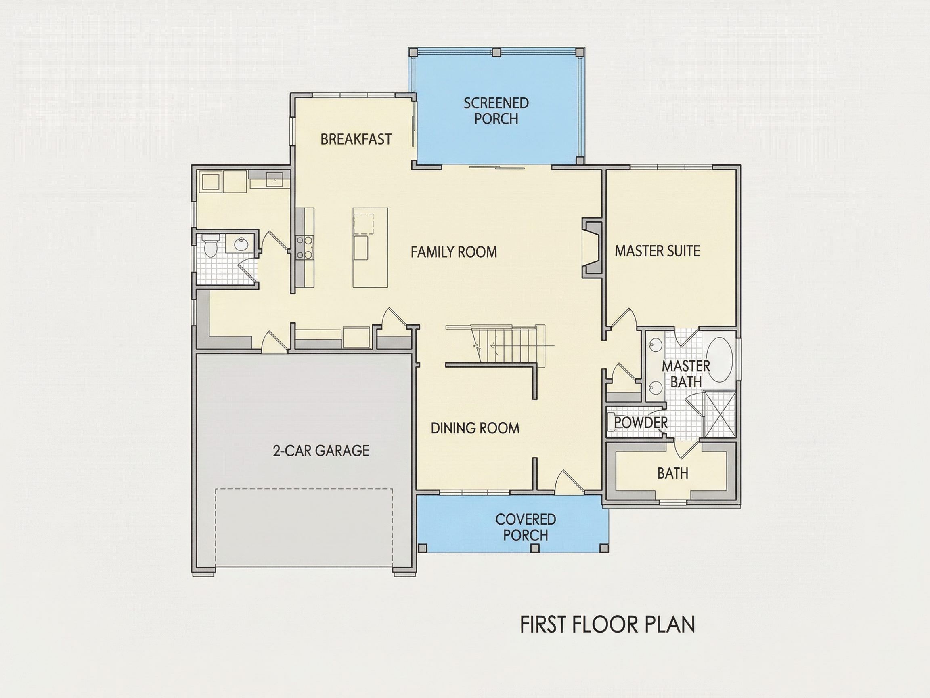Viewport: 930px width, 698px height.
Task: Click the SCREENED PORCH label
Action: [496, 111]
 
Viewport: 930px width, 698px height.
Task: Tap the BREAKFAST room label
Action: [356, 139]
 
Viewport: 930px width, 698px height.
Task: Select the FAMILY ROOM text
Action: [454, 252]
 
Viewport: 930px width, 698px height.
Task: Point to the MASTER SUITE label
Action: [658, 251]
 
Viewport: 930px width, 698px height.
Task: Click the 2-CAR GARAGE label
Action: [321, 451]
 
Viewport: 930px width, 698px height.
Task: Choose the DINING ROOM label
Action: [475, 428]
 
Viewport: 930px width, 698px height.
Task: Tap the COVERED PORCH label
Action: [526, 528]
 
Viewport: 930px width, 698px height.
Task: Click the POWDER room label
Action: [641, 423]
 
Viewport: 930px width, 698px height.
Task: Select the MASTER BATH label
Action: [686, 374]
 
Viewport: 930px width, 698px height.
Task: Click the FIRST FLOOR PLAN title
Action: [607, 625]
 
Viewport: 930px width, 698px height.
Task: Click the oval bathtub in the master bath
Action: [719, 360]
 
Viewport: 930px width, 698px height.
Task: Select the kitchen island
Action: [370, 247]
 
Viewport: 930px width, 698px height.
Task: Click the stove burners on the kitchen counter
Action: [304, 247]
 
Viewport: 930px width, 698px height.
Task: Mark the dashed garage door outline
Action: [304, 528]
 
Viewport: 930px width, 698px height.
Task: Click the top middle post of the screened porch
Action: [496, 52]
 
